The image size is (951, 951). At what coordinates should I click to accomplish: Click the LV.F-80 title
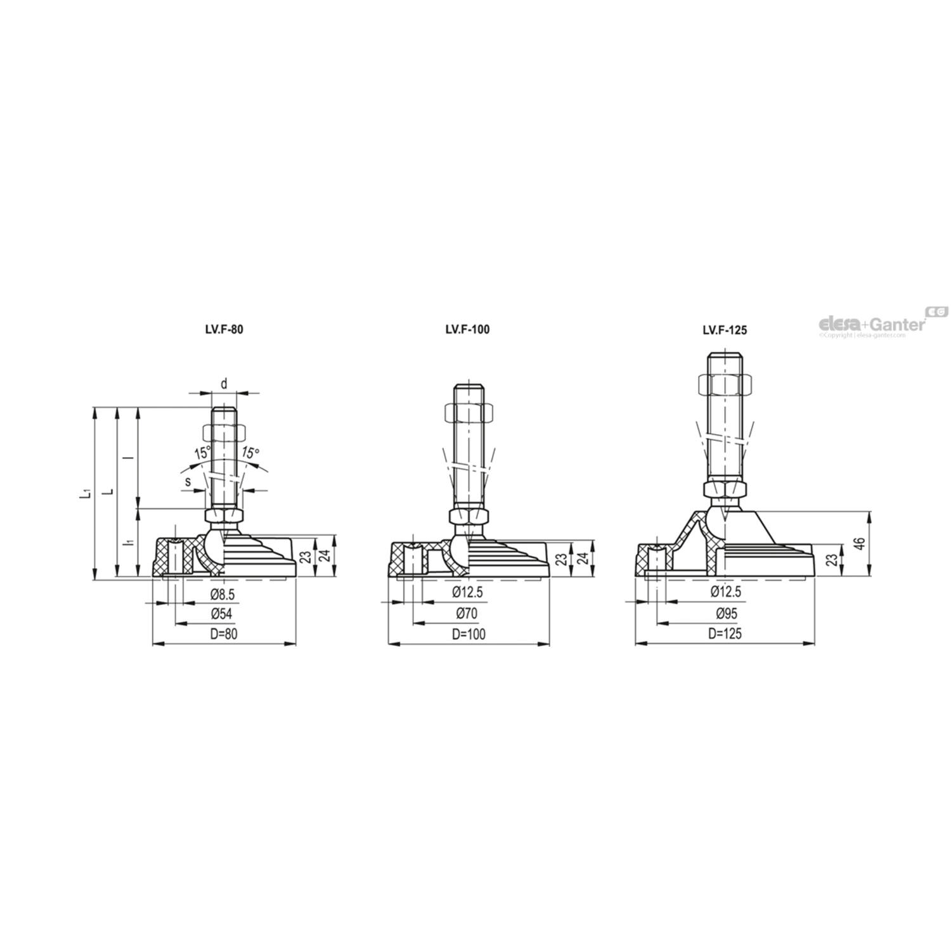coord(219,330)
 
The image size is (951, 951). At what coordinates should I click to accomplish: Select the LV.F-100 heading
coord(467,330)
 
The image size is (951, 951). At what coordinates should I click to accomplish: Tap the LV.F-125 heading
coord(725,330)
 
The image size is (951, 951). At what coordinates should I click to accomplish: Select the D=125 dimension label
coord(725,633)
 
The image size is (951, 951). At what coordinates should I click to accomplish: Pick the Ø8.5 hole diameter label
coord(222,595)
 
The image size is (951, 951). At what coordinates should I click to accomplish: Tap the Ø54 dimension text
coord(222,614)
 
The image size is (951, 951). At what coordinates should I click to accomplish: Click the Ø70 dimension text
coord(466,614)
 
